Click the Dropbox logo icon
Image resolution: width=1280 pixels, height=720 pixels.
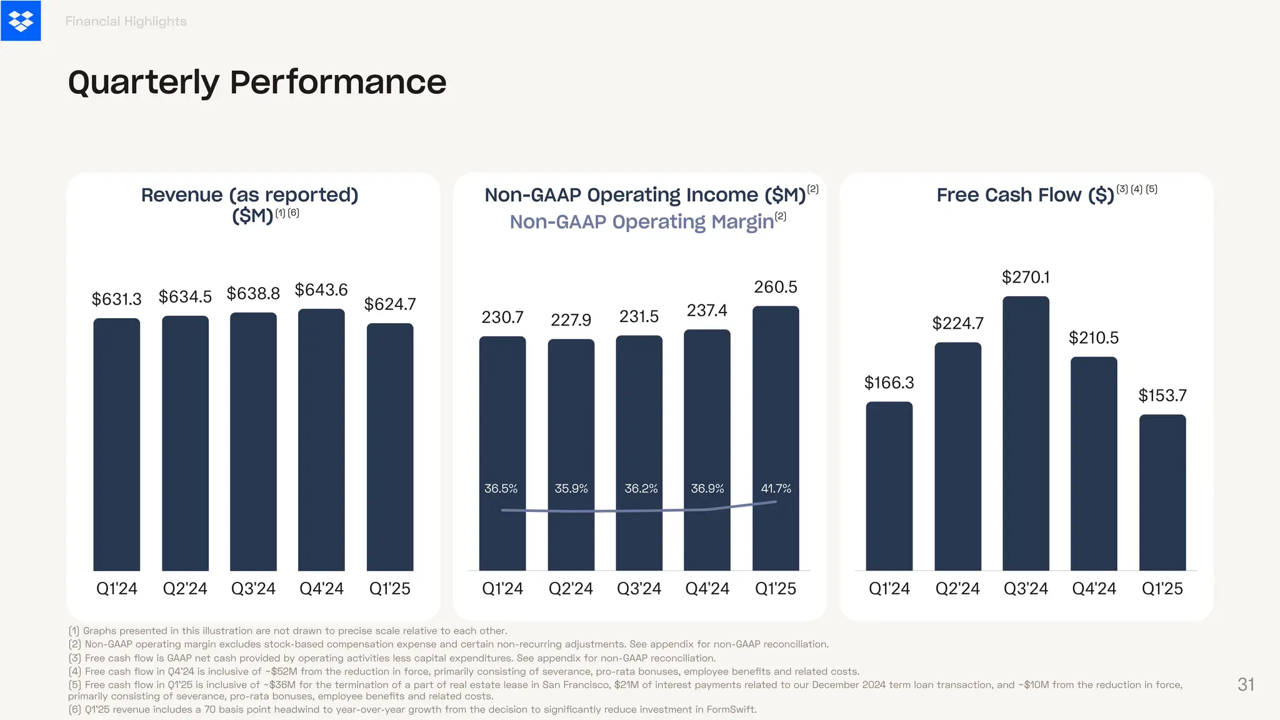tap(21, 21)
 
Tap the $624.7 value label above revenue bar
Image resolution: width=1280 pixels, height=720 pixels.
tap(390, 304)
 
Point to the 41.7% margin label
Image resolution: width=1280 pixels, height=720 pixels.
tap(776, 489)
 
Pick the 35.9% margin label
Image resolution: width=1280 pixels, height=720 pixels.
tap(571, 489)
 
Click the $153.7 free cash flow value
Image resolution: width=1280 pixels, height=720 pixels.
tap(1162, 396)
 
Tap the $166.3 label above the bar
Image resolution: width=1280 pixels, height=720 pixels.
tap(889, 382)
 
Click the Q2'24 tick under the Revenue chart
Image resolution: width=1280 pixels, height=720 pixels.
tap(185, 589)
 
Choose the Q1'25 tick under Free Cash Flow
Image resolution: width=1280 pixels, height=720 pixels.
tap(1162, 589)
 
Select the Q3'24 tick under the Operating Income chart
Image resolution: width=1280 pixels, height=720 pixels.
tap(639, 589)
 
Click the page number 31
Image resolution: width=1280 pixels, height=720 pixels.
tap(1246, 684)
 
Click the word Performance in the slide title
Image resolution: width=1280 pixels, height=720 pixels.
tap(337, 82)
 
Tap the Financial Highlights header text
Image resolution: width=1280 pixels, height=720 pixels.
tap(126, 21)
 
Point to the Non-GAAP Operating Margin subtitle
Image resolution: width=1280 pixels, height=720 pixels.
tap(642, 222)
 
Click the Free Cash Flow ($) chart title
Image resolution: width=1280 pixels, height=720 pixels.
tap(1025, 195)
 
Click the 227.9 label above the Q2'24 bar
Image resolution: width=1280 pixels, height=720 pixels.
tap(571, 320)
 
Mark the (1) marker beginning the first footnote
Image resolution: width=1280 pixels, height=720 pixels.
tap(74, 631)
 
